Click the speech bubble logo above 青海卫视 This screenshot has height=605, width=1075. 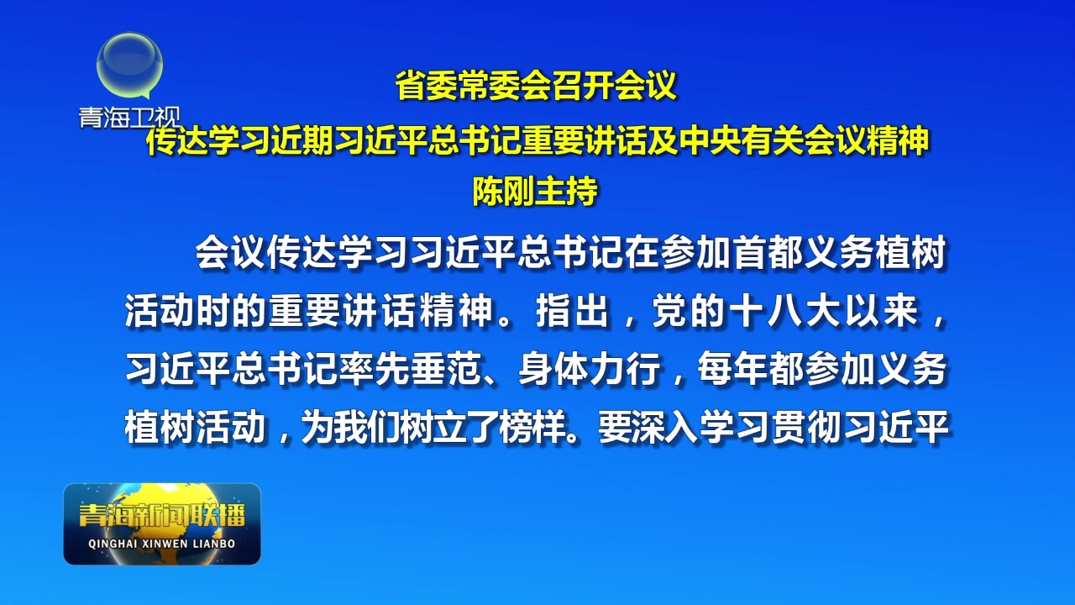click(129, 67)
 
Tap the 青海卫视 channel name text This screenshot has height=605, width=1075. click(130, 118)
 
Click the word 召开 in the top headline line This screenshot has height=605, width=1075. click(582, 87)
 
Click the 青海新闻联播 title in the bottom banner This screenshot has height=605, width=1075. click(162, 515)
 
